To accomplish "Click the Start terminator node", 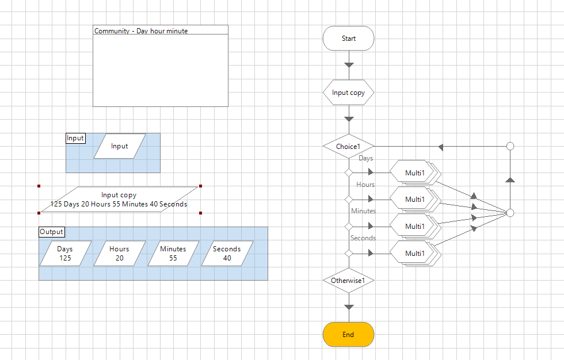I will click(348, 39).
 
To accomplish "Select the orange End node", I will click(348, 335).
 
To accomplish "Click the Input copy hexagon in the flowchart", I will click(348, 93).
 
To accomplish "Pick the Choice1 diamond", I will click(348, 147).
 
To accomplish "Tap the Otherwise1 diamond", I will click(348, 281).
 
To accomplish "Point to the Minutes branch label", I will click(363, 211).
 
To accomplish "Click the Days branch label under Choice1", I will click(365, 158).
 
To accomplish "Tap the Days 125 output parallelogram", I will click(65, 254).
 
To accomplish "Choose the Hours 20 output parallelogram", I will click(119, 254).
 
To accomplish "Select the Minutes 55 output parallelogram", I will click(173, 254).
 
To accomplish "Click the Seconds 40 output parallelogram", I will click(227, 254).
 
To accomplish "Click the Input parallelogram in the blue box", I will click(120, 146).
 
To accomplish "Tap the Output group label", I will click(52, 232).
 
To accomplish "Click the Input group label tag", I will click(75, 138).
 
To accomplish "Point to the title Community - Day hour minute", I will click(141, 31).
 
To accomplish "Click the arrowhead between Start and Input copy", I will click(348, 65).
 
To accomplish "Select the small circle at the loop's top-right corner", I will click(510, 147).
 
